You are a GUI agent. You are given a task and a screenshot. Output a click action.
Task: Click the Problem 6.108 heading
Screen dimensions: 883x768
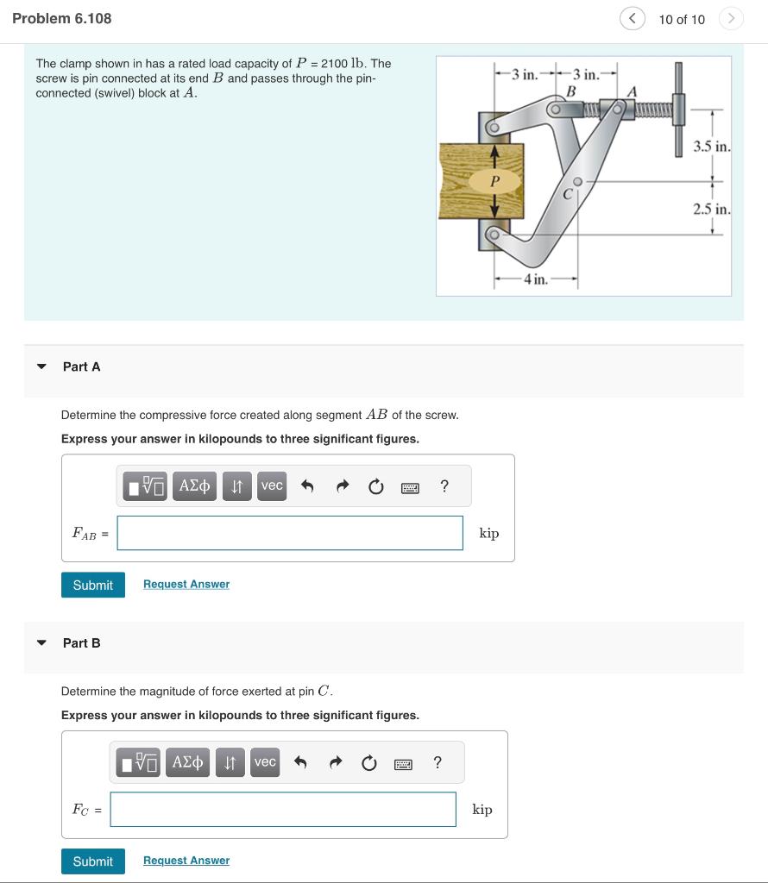coord(62,18)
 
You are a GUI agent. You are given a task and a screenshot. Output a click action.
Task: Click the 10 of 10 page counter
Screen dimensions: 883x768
coord(681,19)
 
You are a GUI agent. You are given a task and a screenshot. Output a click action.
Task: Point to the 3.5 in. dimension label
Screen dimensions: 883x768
coord(712,146)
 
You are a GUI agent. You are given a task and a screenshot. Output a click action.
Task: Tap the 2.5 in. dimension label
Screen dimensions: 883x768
coord(712,209)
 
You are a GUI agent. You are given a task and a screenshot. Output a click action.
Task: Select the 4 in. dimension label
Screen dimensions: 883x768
coord(535,279)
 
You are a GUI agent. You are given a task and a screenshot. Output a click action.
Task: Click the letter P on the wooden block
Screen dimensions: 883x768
coord(494,181)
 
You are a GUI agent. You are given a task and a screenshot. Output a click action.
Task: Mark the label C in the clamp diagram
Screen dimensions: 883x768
coord(568,196)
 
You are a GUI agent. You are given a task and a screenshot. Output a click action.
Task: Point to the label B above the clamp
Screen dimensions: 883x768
coord(570,91)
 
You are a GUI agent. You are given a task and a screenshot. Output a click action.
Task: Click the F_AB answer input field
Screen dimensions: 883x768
coord(290,533)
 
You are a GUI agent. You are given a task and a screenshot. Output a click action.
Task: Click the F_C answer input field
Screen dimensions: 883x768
coord(283,809)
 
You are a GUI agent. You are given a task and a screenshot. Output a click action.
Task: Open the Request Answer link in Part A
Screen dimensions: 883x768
coord(186,584)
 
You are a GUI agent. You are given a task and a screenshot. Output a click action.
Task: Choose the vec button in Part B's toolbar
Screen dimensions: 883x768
coord(265,762)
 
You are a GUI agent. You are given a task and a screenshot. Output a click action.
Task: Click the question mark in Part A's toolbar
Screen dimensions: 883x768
coord(444,486)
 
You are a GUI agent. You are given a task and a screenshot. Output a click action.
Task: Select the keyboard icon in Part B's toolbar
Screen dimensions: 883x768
coord(403,763)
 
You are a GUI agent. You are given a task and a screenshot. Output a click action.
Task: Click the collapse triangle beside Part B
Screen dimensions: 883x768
coord(41,642)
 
